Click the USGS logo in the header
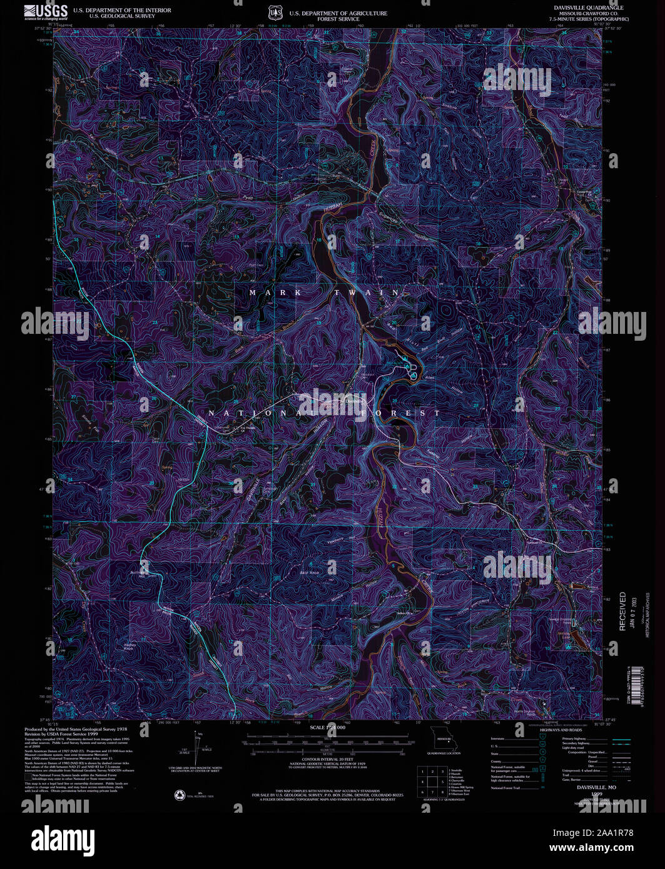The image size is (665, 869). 46,12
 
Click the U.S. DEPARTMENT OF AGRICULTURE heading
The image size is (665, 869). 338,13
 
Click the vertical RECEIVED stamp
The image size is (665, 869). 622,611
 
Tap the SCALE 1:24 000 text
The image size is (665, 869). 327,728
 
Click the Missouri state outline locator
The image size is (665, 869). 444,738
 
